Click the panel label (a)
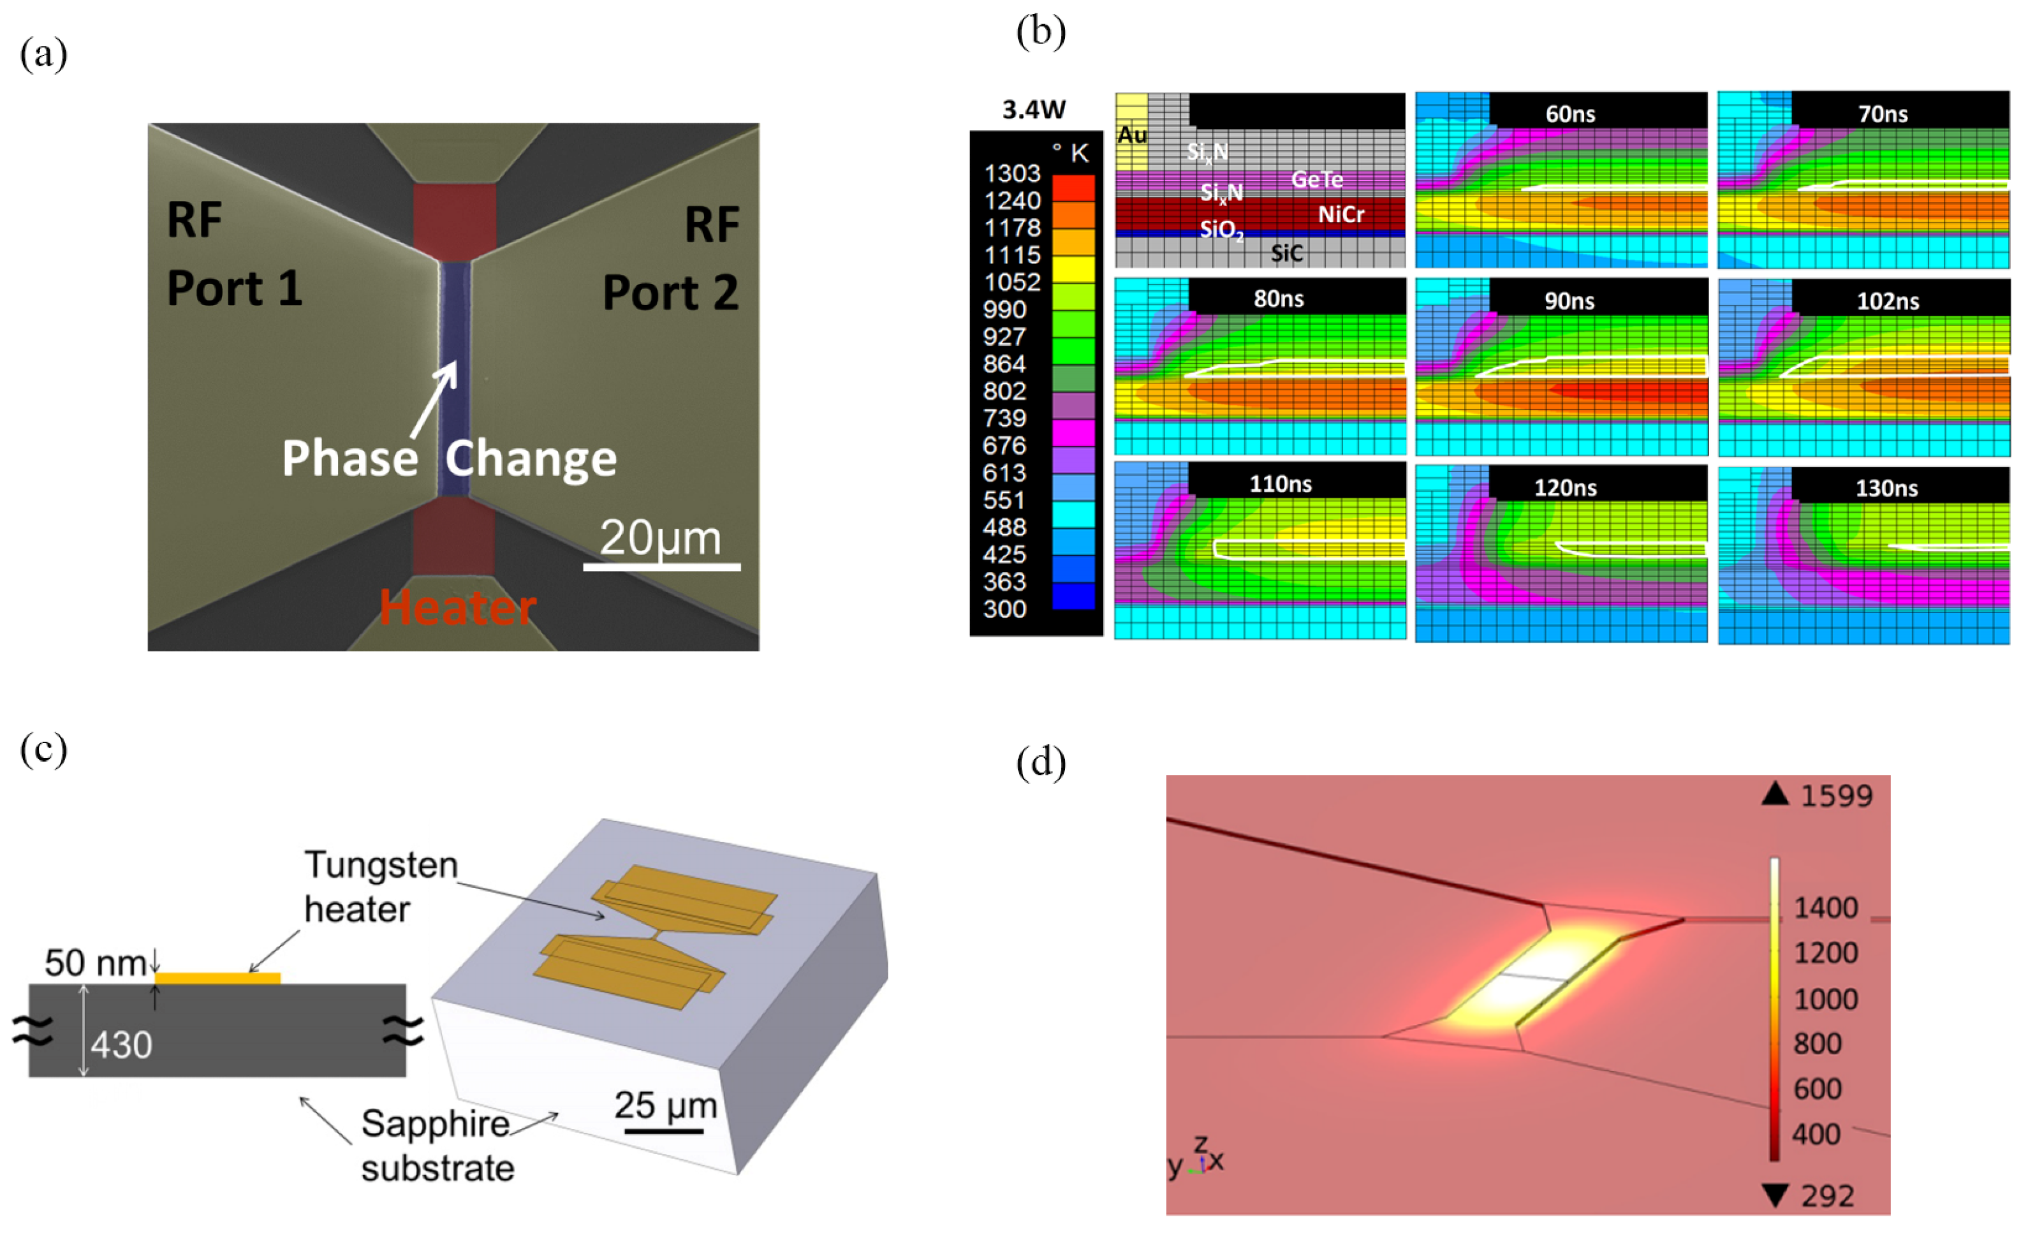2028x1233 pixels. (x=43, y=54)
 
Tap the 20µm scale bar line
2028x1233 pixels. (x=662, y=566)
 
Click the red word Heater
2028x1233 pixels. (x=458, y=609)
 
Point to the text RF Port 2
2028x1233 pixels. (x=670, y=258)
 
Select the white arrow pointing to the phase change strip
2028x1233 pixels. (x=434, y=399)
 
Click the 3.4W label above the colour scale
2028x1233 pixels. (x=1034, y=110)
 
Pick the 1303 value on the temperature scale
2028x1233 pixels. (x=1012, y=174)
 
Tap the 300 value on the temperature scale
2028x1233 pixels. (x=1004, y=609)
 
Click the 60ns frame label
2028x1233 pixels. (x=1569, y=114)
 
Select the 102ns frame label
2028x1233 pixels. (x=1887, y=301)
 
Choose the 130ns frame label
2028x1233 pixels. (x=1886, y=488)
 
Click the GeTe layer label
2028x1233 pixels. (x=1317, y=179)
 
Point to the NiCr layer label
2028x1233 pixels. (x=1341, y=215)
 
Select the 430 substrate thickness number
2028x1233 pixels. (x=121, y=1045)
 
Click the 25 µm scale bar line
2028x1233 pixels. (x=663, y=1131)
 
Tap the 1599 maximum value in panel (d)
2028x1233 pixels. (x=1836, y=796)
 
